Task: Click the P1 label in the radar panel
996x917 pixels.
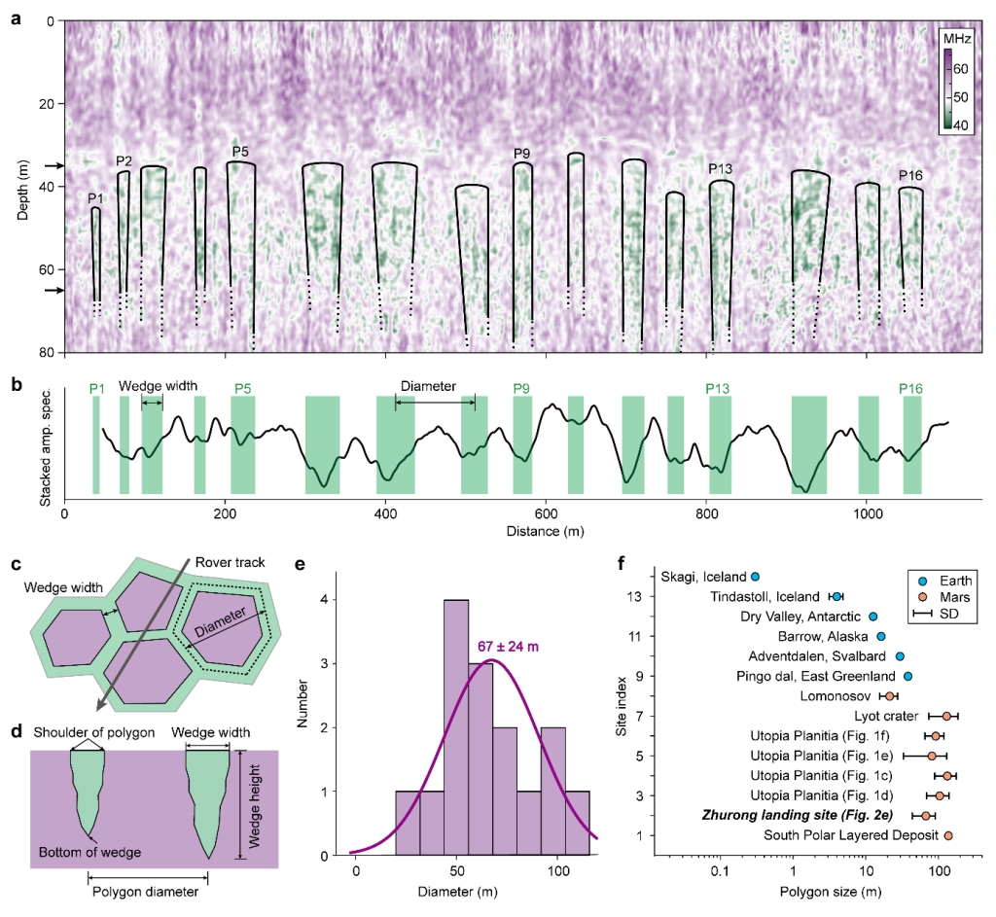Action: (94, 198)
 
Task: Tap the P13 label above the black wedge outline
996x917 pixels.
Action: (720, 168)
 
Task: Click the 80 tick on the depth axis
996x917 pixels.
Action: (47, 352)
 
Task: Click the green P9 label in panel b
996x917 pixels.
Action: (522, 389)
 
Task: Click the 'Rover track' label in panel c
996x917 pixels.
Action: (228, 562)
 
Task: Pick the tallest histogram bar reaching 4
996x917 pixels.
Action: (456, 728)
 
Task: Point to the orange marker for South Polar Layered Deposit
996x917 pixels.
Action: (947, 835)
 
